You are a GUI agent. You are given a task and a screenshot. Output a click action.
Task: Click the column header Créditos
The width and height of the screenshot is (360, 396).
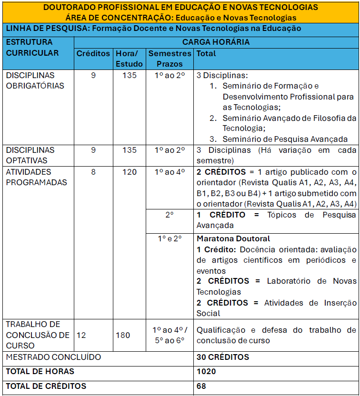[93, 53]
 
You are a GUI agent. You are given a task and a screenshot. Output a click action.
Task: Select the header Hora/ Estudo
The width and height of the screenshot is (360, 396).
[129, 59]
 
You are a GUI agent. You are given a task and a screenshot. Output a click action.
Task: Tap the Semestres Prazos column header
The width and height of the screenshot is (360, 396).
[170, 59]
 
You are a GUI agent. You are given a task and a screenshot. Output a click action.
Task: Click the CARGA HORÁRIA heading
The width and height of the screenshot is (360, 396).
[216, 42]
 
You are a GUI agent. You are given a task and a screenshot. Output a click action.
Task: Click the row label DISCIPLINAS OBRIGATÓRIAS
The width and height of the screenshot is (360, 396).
[30, 80]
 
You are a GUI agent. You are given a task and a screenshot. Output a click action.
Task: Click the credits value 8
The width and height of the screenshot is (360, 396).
[93, 172]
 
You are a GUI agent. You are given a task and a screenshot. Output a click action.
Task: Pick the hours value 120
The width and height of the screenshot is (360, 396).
[129, 172]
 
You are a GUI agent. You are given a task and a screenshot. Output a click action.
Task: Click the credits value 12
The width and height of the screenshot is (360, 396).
[81, 335]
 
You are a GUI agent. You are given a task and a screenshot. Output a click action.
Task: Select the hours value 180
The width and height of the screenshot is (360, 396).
[122, 335]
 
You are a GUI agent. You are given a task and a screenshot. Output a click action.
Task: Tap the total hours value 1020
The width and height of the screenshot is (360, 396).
[206, 371]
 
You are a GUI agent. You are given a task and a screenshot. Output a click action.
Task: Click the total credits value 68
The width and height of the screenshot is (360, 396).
[201, 386]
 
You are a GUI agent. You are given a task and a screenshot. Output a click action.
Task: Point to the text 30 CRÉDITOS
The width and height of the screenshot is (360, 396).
[222, 357]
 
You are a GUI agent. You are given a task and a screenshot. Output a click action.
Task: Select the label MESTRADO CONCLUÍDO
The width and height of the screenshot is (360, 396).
[53, 357]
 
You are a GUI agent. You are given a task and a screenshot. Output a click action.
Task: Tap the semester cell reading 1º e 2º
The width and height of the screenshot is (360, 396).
[170, 238]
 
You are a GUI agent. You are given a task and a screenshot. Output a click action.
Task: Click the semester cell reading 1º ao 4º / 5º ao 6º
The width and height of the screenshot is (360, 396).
[170, 335]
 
